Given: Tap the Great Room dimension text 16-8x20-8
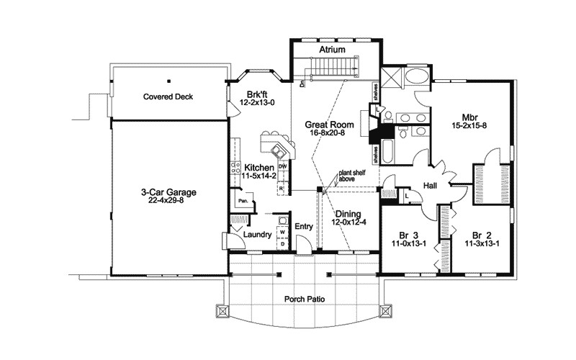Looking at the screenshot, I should coord(333,132).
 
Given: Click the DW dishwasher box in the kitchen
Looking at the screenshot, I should coord(283,167).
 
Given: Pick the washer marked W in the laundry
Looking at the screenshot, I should coord(282,233).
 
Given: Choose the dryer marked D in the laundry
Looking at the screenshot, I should coord(282,243).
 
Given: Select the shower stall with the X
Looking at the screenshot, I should coord(391,78).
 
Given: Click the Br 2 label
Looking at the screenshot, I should coord(482,234).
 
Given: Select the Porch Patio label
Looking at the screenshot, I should coord(305,297).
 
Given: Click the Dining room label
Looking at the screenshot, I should coord(348,214).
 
